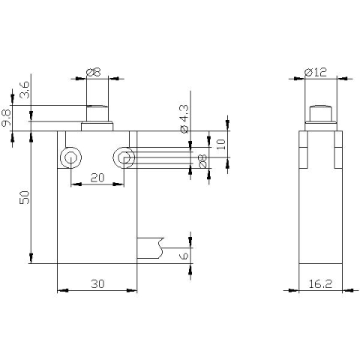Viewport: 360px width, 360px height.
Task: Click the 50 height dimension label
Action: [x=24, y=198]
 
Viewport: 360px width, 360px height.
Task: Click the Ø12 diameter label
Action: [x=316, y=72]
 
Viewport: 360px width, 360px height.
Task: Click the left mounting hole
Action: [x=70, y=157]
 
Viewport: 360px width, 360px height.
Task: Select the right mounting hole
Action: [x=123, y=157]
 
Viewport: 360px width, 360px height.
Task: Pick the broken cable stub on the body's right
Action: [x=150, y=247]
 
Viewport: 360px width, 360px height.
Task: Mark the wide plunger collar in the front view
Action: [x=97, y=126]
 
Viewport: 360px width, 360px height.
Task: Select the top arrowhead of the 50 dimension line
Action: [x=31, y=136]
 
